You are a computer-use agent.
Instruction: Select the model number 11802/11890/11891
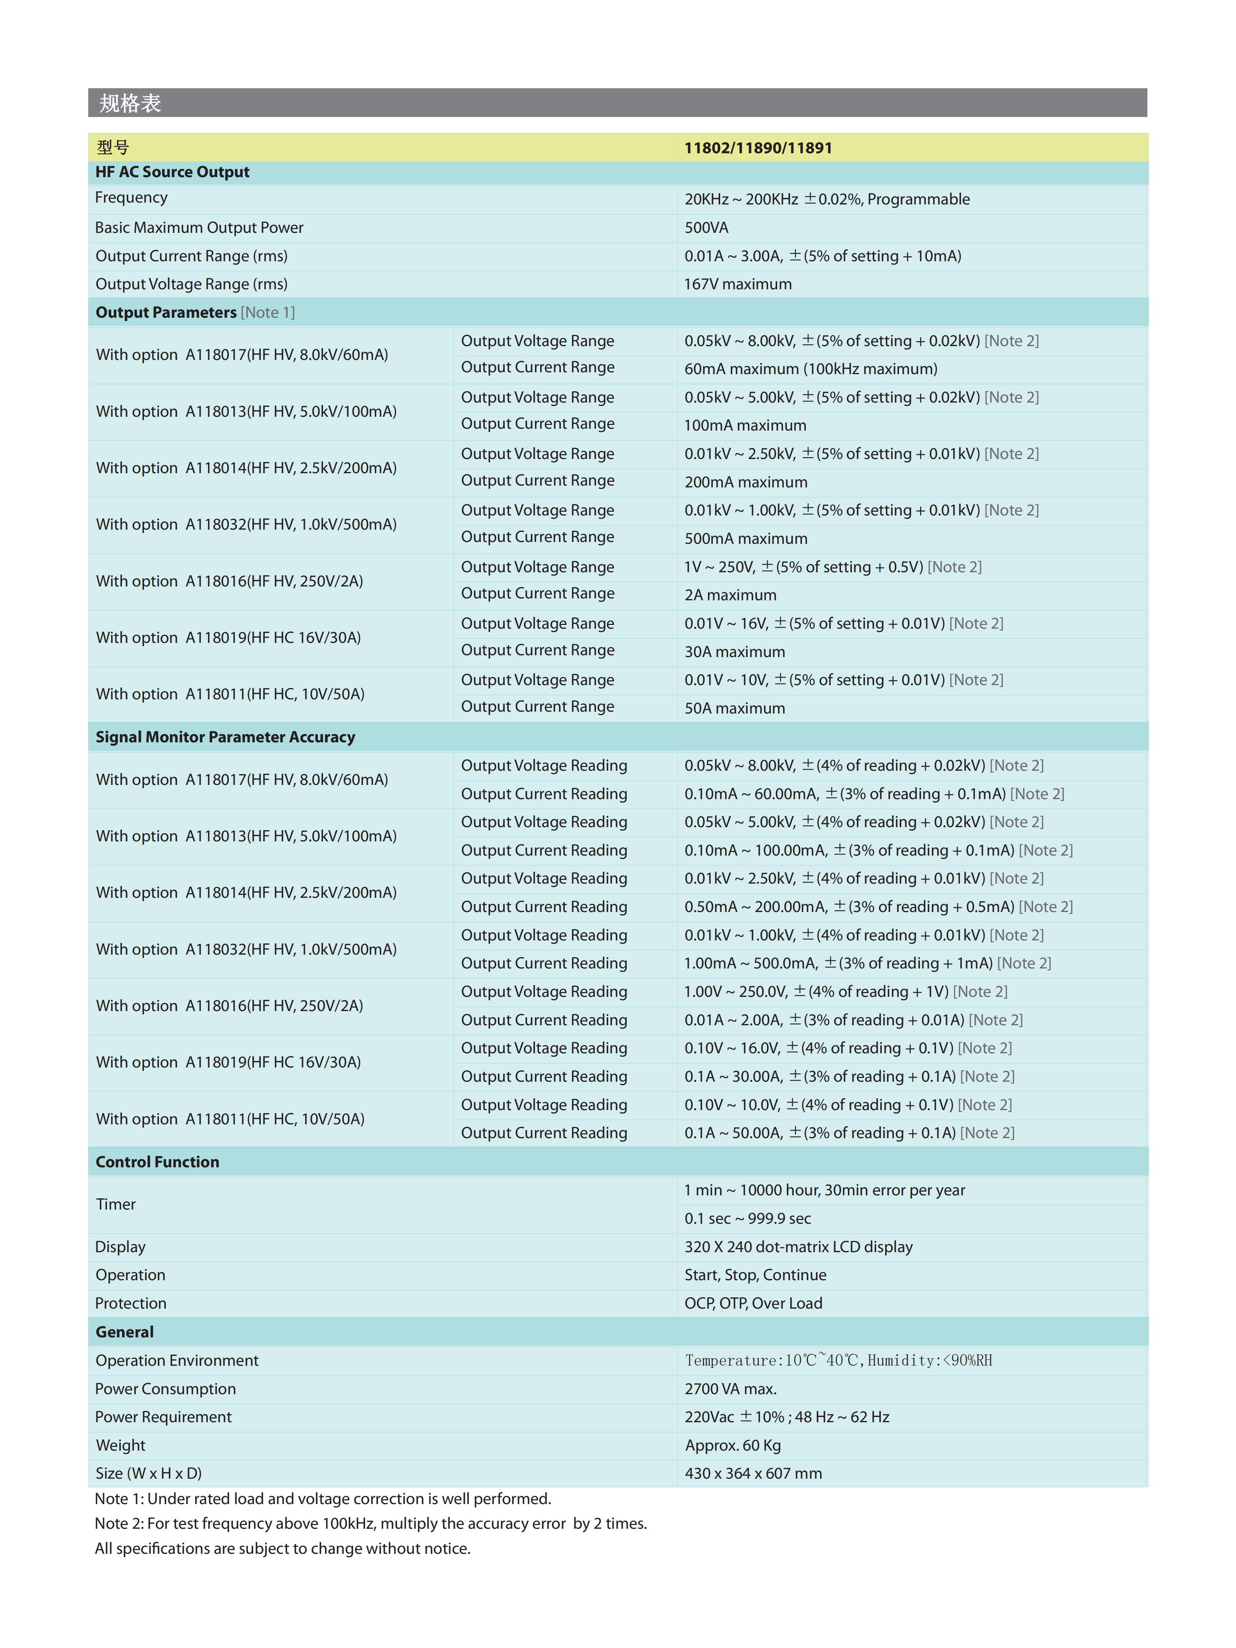[758, 148]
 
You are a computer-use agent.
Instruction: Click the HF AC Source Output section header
[172, 172]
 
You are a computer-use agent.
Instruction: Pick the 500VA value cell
[706, 227]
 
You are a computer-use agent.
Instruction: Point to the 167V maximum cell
[737, 284]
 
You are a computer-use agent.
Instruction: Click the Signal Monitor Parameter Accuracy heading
[225, 737]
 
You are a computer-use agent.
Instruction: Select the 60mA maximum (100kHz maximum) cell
[811, 369]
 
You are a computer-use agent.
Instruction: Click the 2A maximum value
[730, 595]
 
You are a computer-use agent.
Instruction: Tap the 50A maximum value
[734, 708]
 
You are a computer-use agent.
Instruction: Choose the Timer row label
[116, 1204]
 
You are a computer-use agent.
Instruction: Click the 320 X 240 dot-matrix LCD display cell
[798, 1247]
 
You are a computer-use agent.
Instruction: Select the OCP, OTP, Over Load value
[753, 1303]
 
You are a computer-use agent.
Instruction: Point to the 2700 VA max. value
[730, 1389]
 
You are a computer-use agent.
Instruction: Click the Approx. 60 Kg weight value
[732, 1445]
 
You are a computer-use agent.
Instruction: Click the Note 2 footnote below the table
[370, 1524]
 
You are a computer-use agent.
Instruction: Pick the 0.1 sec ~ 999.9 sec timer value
[747, 1218]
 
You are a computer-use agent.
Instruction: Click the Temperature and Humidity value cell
[838, 1361]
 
